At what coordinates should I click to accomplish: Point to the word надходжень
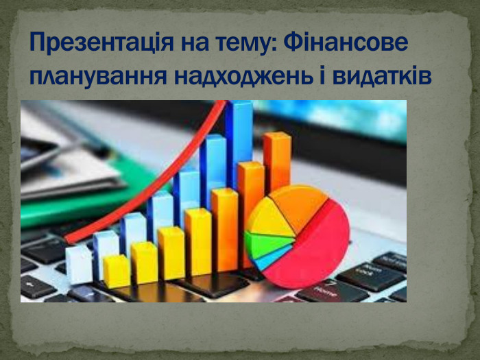click(x=243, y=76)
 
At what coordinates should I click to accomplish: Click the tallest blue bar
click(x=239, y=144)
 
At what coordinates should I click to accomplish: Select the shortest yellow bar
click(x=117, y=272)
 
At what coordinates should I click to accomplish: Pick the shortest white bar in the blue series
click(x=79, y=265)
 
